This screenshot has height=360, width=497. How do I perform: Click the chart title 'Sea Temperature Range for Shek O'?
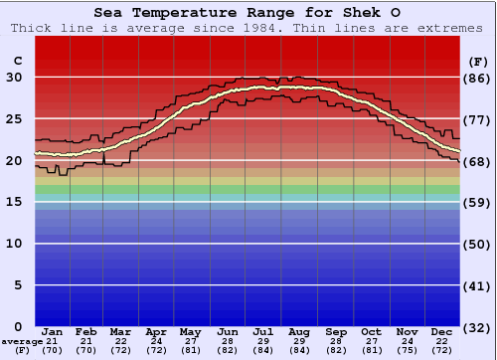coord(249,13)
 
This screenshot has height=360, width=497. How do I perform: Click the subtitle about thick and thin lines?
coord(248,28)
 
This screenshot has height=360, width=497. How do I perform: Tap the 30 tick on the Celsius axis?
coord(16,78)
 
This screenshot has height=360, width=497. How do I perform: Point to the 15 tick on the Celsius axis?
coord(16,202)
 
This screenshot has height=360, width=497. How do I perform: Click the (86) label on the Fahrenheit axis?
coord(477,79)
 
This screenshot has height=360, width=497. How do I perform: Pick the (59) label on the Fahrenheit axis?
coord(477,203)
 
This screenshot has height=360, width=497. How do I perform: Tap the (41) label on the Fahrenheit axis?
coord(477,285)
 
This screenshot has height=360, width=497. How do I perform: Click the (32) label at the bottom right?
coord(477,327)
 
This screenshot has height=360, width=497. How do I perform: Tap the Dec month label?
coord(442,331)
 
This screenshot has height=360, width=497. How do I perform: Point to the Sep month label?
coord(335,331)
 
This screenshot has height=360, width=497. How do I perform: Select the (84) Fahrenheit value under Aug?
coord(299,350)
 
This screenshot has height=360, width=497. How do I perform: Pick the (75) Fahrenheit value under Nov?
coord(407,350)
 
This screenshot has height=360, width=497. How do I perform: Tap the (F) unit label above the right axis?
coord(477,62)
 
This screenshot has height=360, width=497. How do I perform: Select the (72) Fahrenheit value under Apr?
coord(156,350)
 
